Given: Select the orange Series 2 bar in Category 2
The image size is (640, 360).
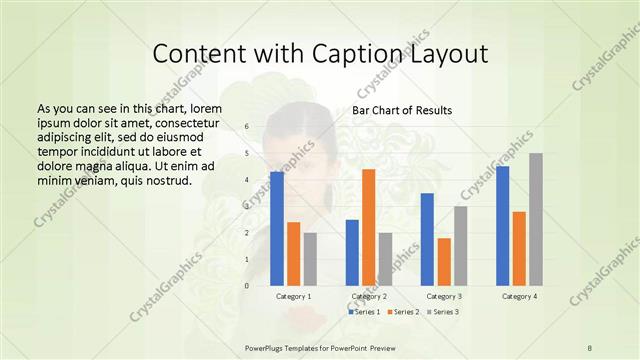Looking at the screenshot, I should pos(368,227).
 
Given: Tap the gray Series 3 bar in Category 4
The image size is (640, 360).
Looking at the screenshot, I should pos(536,219).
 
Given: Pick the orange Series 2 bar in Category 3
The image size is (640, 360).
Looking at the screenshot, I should pos(444,261).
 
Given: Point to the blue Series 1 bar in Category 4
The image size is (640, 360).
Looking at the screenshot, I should pos(502,225).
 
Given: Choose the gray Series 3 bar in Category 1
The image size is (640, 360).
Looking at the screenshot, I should pos(310,259).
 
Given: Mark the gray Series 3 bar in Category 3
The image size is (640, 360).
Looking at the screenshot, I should pos(460,245).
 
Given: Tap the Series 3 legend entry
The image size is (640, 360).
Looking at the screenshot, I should pos(443,311).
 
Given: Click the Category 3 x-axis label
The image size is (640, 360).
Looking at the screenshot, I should pos(444,296).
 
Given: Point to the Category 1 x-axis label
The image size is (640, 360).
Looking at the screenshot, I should pos(293,296).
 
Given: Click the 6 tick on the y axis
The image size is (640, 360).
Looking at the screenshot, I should pos(246,128).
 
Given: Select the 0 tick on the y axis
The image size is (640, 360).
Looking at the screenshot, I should pos(246,285).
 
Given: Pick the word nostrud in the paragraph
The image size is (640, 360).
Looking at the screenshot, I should pos(160,180).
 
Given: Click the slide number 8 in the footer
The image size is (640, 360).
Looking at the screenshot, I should pos(590,347).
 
